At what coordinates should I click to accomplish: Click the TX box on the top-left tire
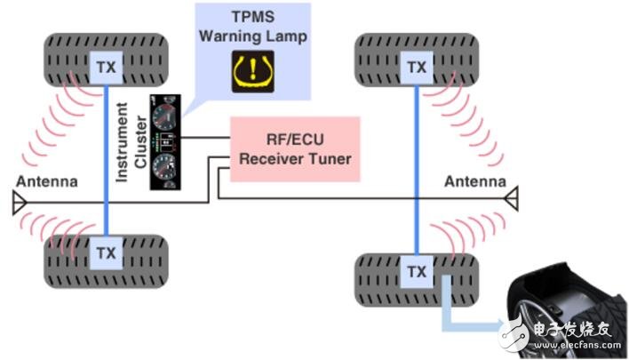pyautogui.click(x=107, y=65)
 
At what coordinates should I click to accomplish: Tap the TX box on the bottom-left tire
pyautogui.click(x=107, y=252)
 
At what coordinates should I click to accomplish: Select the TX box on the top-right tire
pyautogui.click(x=415, y=65)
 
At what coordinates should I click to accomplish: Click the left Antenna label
pyautogui.click(x=45, y=181)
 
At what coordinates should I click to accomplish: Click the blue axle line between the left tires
pyautogui.click(x=107, y=160)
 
